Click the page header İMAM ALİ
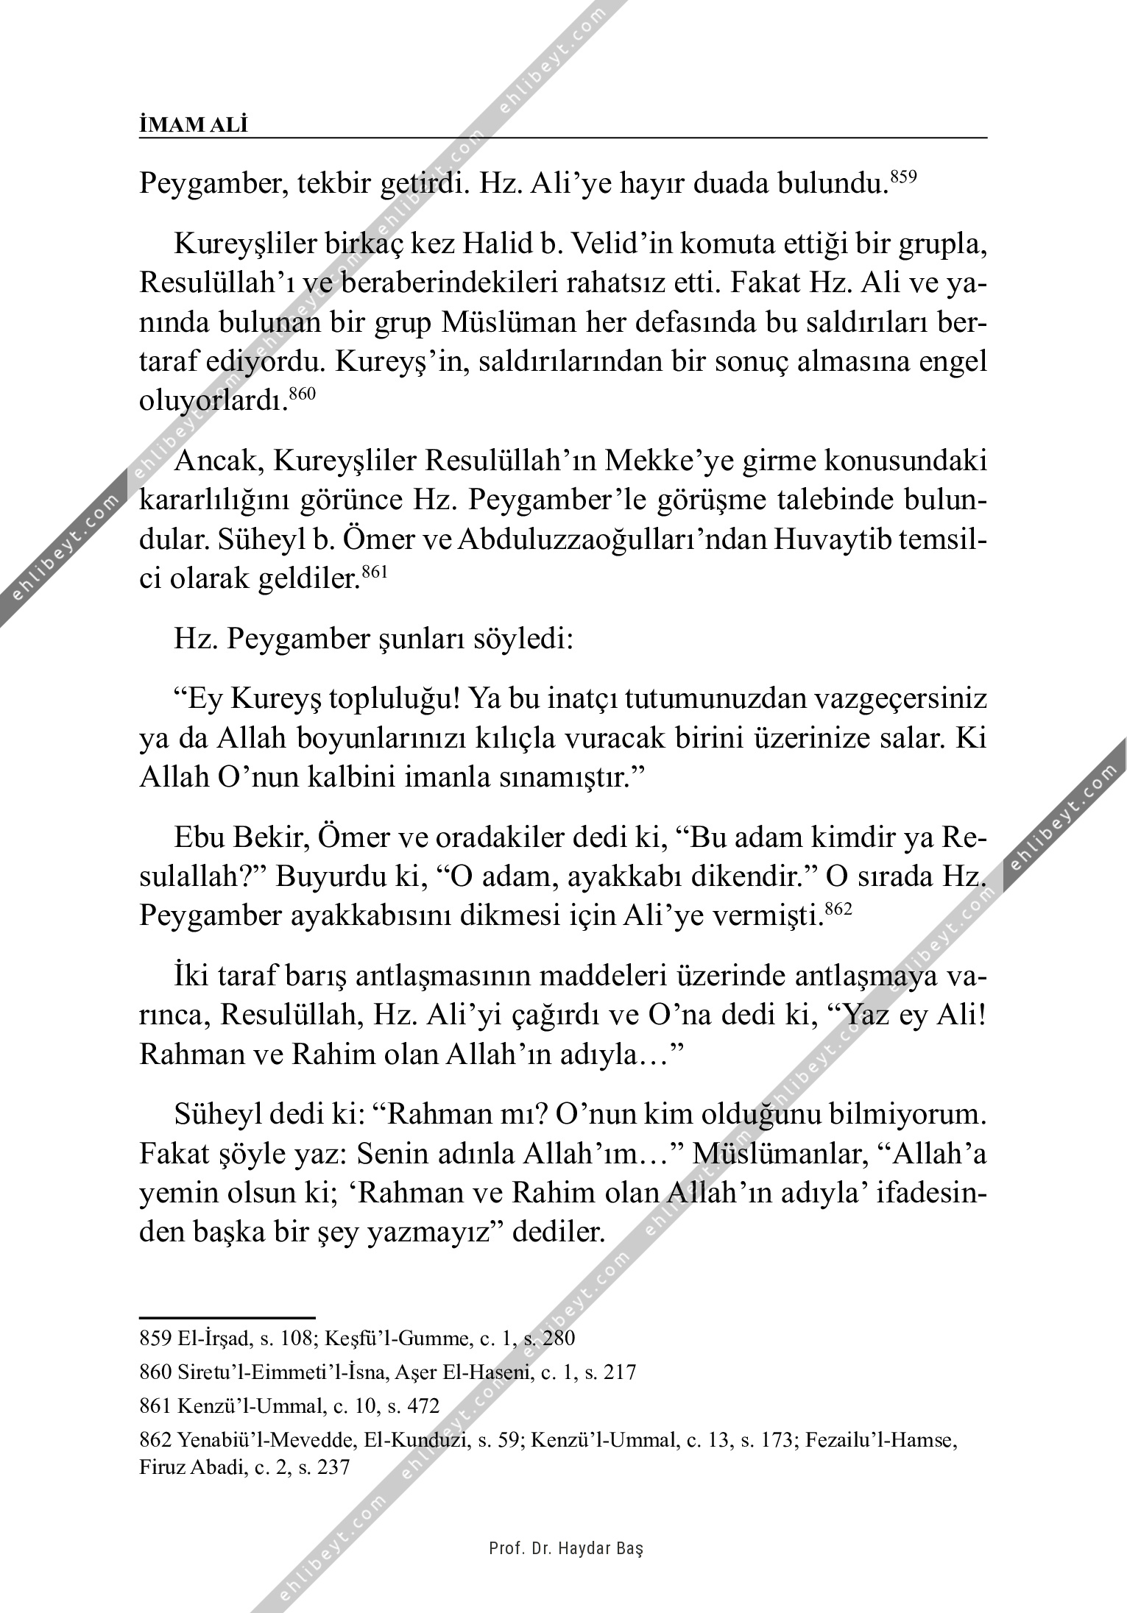point(194,125)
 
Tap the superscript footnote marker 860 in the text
point(302,394)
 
